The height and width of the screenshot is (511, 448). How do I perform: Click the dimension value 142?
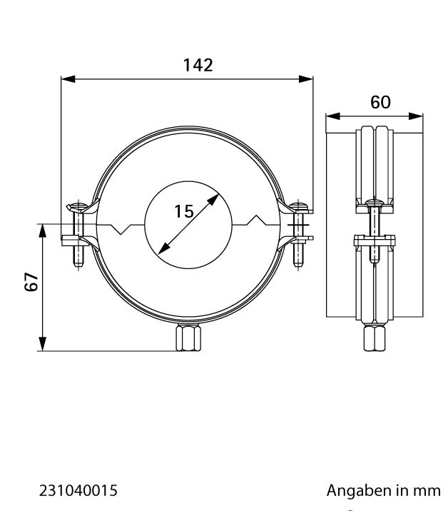click(198, 65)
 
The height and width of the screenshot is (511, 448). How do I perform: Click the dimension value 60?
click(380, 102)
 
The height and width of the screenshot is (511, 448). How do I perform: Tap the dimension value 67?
click(31, 281)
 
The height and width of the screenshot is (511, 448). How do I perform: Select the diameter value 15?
click(184, 211)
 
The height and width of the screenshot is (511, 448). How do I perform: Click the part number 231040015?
click(78, 490)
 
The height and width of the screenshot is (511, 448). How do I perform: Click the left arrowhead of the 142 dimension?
click(68, 79)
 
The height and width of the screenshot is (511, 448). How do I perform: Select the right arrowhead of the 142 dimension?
click(306, 79)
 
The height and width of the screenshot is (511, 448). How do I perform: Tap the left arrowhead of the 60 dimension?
click(333, 116)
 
